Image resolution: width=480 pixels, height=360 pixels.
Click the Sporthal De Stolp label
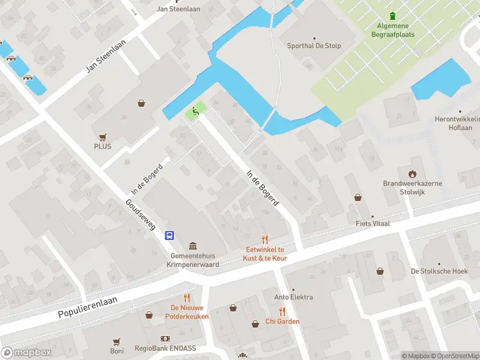click(313, 45)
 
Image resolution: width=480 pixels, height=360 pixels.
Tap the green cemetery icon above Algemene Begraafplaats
click(393, 16)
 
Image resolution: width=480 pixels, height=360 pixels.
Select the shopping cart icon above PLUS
click(103, 137)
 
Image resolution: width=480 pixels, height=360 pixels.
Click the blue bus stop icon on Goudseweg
click(170, 235)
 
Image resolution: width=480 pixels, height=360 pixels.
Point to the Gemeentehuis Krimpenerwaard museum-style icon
click(193, 246)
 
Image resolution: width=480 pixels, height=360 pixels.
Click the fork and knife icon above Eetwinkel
click(265, 239)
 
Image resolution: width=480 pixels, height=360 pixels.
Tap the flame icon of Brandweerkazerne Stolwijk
click(413, 174)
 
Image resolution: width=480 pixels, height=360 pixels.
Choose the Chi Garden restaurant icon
click(282, 311)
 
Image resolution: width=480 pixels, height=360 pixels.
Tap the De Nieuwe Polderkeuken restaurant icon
click(187, 298)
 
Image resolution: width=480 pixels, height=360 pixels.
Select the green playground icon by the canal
click(194, 111)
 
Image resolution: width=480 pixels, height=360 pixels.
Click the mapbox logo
click(26, 352)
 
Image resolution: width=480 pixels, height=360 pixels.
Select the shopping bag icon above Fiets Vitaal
click(358, 197)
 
